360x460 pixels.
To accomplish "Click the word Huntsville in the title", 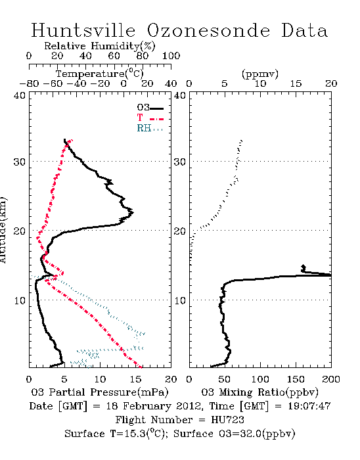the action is pyautogui.click(x=83, y=30).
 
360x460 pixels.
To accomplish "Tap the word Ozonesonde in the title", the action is pyautogui.click(x=208, y=30).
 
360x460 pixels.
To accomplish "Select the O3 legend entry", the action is pyautogui.click(x=150, y=108).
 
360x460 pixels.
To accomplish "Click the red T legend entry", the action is pyautogui.click(x=150, y=118).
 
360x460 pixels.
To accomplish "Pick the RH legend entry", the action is pyautogui.click(x=150, y=128).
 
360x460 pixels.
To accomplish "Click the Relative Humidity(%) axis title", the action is pyautogui.click(x=100, y=46).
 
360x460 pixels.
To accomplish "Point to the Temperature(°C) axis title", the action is pyautogui.click(x=100, y=74).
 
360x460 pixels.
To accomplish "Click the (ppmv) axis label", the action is pyautogui.click(x=260, y=74).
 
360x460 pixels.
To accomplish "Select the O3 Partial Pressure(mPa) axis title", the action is pyautogui.click(x=100, y=392).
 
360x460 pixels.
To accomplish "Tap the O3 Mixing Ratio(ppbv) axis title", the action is pyautogui.click(x=259, y=392).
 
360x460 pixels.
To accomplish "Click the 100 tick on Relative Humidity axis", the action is pyautogui.click(x=171, y=56).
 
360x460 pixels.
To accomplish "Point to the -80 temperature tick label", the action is pyautogui.click(x=29, y=83).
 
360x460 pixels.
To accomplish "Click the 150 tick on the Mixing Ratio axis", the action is pyautogui.click(x=296, y=379).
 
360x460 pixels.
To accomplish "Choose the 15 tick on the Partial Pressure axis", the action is pyautogui.click(x=135, y=379).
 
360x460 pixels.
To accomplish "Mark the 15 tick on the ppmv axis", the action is pyautogui.click(x=296, y=83).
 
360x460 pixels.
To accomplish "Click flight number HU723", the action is pyautogui.click(x=227, y=420).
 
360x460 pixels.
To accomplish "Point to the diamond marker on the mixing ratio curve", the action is pyautogui.click(x=304, y=267).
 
